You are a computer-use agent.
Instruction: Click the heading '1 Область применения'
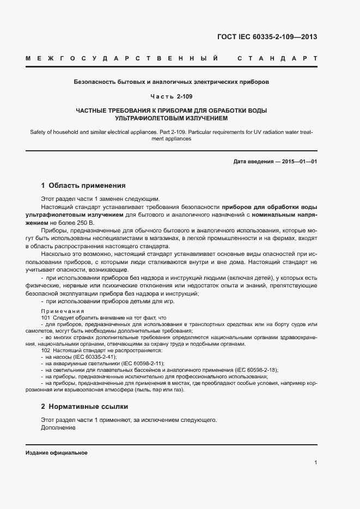83,185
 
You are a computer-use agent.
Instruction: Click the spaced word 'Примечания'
60,311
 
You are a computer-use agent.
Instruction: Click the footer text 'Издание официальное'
57,453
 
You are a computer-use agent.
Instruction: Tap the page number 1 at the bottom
315,463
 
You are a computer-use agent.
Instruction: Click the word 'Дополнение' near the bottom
58,427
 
